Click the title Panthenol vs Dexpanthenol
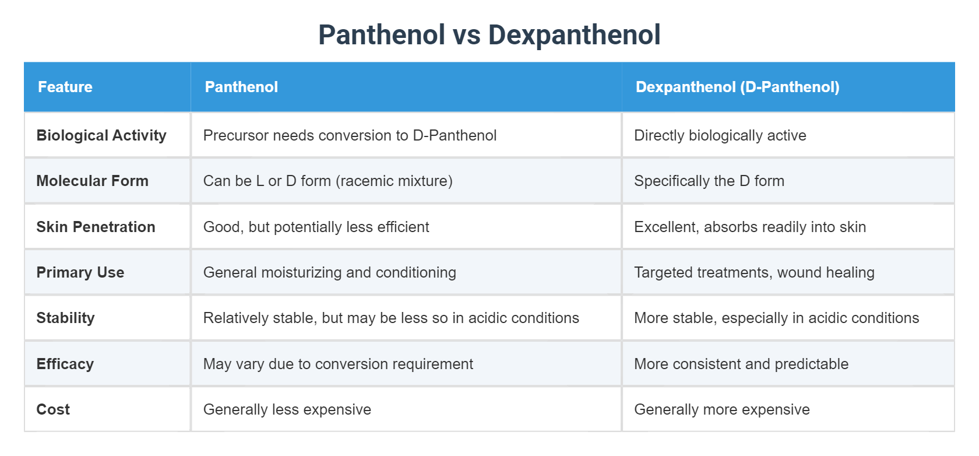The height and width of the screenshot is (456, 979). (489, 35)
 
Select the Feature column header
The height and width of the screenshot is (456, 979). (65, 87)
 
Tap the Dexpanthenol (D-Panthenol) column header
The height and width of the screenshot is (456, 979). (737, 87)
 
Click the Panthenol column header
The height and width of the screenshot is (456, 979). (241, 87)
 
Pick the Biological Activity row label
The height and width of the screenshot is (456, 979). (101, 135)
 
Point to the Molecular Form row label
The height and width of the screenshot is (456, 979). (92, 181)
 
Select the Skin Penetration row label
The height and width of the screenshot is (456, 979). (96, 227)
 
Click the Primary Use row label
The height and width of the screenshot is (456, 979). (80, 272)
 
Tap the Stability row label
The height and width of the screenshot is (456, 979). (65, 318)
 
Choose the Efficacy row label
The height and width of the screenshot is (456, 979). (65, 364)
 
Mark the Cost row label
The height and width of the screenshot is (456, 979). (53, 409)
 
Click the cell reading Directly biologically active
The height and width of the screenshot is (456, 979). (720, 135)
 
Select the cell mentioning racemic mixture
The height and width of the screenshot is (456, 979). (327, 181)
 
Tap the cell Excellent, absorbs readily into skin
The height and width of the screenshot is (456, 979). (749, 227)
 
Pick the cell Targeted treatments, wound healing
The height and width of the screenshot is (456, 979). (754, 272)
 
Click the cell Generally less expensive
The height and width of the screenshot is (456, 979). (287, 409)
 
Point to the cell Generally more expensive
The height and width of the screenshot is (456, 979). (721, 409)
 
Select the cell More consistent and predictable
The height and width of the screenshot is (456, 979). (741, 364)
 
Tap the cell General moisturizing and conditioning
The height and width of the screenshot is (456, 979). (329, 272)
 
